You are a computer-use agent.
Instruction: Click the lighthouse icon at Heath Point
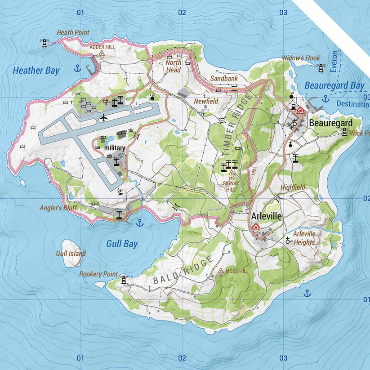(44, 43)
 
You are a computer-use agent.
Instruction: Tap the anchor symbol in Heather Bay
(77, 68)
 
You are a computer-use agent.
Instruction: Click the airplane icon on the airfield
(104, 118)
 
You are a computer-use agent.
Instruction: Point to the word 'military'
(114, 148)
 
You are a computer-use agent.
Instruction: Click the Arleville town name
(266, 216)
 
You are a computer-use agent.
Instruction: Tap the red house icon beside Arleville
(256, 226)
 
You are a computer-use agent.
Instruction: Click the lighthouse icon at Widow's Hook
(321, 68)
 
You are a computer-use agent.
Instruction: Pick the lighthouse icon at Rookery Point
(124, 280)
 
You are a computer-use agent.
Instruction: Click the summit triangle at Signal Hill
(231, 173)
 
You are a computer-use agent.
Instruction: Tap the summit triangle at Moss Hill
(221, 271)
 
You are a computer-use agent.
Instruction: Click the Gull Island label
(71, 254)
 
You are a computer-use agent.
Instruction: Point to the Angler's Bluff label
(59, 208)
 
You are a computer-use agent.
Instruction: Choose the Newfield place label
(206, 102)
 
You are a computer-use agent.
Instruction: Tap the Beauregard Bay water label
(334, 85)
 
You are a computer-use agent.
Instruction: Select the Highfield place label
(293, 187)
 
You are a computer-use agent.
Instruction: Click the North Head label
(174, 67)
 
